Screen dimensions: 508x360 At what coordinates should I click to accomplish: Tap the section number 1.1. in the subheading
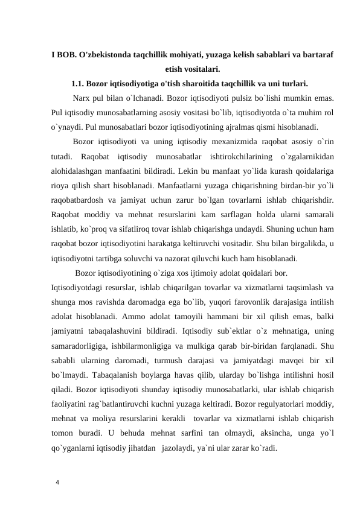[81, 83]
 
